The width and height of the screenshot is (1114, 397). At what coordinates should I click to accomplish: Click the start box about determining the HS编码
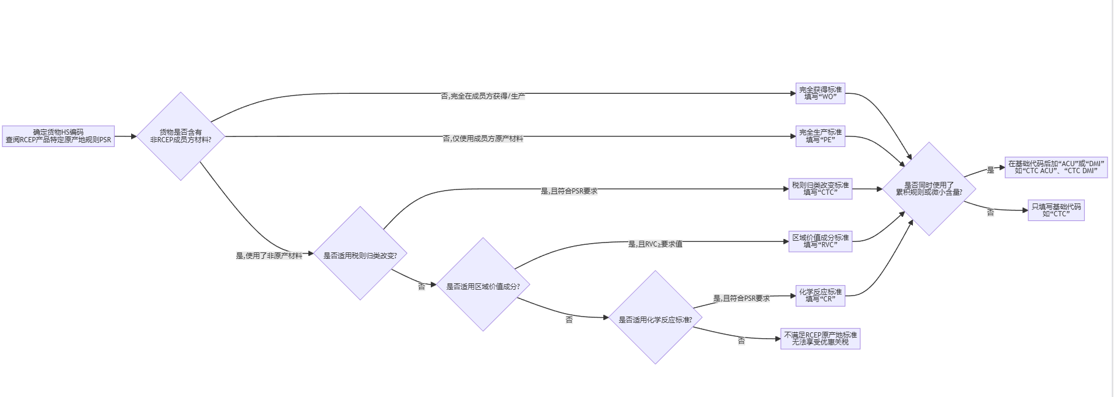58,136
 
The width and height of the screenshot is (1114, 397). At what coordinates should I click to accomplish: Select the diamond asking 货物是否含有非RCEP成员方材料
181,136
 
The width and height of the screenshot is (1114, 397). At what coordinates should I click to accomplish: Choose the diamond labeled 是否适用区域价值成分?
483,285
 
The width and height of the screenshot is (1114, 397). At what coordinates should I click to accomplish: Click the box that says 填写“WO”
820,93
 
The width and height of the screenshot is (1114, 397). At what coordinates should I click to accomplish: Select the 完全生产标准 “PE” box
820,136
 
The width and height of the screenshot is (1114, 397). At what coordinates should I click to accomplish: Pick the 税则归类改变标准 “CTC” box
820,189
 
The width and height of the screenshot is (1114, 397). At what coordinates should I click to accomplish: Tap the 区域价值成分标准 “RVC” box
820,241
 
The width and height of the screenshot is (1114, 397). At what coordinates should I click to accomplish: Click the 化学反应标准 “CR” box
820,296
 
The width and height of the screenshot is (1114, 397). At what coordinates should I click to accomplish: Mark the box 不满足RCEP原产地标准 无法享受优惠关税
820,339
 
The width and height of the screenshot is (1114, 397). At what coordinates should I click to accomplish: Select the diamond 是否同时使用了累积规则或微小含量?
929,189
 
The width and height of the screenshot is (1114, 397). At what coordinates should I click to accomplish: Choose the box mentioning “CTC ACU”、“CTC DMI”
1056,167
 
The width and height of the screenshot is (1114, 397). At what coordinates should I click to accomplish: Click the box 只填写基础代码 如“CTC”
1056,210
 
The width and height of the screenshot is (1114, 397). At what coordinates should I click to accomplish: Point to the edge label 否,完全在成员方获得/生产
483,96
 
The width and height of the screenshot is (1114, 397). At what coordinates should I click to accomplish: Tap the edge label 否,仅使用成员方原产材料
483,139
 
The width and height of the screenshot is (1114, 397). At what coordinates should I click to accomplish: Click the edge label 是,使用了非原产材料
269,255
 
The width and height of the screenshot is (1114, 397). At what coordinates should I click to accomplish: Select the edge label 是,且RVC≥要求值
655,244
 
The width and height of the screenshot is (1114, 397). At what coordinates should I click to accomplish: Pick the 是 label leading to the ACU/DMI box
990,170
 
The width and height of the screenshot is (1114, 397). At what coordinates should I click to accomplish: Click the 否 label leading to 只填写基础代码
990,213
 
